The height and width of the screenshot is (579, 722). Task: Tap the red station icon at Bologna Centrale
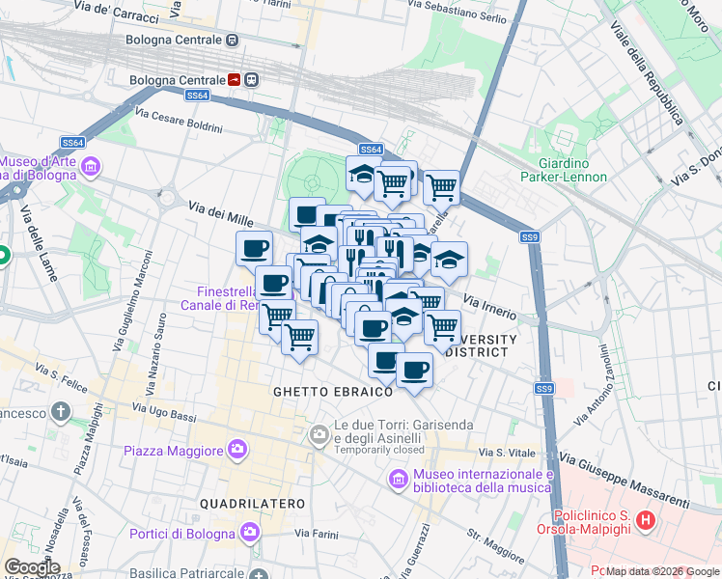click(235, 79)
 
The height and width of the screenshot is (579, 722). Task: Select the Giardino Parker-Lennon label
click(564, 169)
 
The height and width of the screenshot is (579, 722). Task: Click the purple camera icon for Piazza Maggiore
click(237, 449)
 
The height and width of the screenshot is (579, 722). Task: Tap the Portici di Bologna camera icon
click(250, 533)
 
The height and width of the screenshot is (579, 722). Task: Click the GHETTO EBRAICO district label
click(333, 392)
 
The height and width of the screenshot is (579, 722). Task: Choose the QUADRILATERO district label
click(252, 504)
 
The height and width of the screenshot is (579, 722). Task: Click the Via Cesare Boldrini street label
click(179, 121)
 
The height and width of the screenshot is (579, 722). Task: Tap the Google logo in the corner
click(32, 566)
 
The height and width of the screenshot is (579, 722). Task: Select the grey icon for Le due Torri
click(319, 436)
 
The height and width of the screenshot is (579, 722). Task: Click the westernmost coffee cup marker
click(254, 249)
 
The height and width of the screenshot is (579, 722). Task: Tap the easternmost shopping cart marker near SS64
click(441, 186)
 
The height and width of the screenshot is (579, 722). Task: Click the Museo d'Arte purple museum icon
click(91, 168)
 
